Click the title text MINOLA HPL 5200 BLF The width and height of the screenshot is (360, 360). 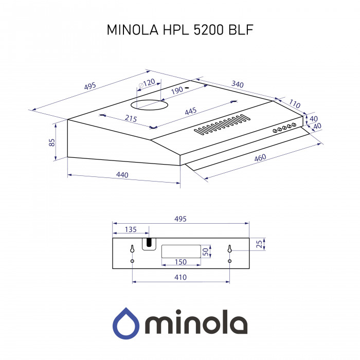coord(179,30)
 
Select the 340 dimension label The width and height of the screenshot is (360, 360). coord(238,84)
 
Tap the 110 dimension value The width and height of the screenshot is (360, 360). coord(295,104)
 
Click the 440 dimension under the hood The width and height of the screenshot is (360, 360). coord(122,175)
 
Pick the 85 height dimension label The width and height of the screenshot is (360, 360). coord(52,142)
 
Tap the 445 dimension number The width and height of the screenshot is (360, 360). coord(191,111)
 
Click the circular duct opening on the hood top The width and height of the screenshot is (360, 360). coord(149,105)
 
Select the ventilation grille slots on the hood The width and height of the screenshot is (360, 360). coord(223,126)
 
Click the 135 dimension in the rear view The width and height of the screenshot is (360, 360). coord(131,229)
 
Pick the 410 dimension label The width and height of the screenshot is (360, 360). coord(180,277)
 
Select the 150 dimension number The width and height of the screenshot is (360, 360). coord(180,262)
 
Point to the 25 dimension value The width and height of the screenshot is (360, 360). coord(260,242)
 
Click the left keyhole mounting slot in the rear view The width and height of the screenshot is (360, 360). coord(132,249)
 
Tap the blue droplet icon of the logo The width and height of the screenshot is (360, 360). coord(125,322)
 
